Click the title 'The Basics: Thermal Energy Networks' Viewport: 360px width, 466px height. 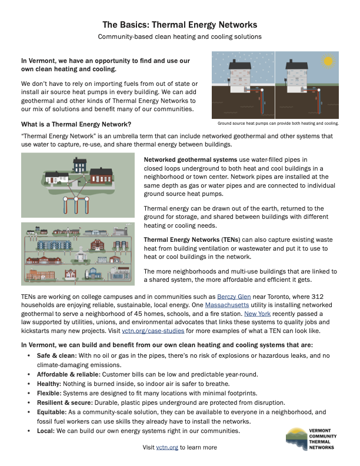coord(179,25)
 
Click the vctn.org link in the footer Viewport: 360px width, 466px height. coord(167,448)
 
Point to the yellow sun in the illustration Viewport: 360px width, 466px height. coord(328,61)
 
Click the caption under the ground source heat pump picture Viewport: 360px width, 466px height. coord(278,124)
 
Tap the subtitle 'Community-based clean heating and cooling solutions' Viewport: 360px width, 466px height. coord(179,37)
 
